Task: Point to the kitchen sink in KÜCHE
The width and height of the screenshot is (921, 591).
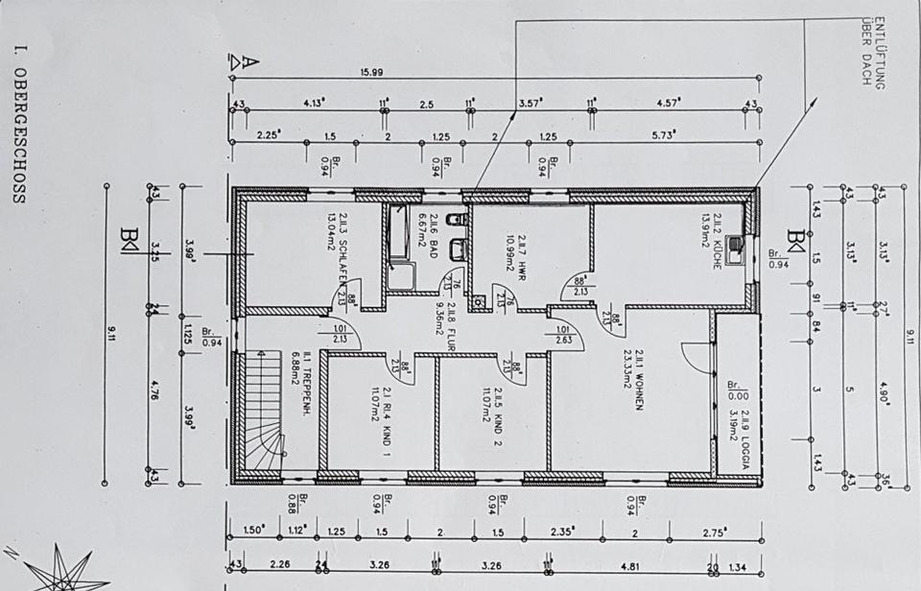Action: [736, 249]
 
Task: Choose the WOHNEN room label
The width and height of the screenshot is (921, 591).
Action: [637, 380]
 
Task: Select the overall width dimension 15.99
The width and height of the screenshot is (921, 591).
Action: [373, 72]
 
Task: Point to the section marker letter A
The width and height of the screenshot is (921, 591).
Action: [248, 61]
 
